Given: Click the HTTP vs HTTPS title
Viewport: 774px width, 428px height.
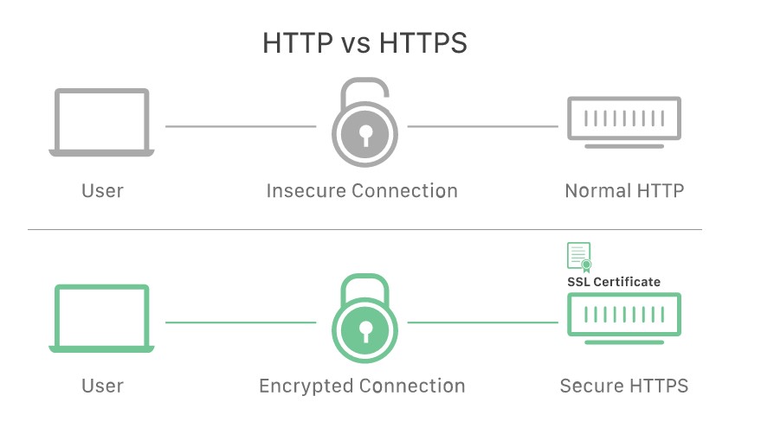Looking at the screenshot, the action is [x=364, y=43].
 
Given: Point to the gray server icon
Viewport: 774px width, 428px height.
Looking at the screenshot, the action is [x=624, y=137].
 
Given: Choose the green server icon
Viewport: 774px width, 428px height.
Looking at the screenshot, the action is [x=624, y=333].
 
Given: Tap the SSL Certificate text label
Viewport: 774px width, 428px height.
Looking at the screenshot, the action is [x=614, y=282].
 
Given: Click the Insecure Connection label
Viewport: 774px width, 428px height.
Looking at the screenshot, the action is [x=362, y=191].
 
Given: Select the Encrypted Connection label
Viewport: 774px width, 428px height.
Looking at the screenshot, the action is [x=362, y=386].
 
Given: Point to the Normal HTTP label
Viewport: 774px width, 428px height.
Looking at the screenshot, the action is [x=624, y=191].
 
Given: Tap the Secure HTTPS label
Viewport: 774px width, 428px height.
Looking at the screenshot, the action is [x=624, y=386].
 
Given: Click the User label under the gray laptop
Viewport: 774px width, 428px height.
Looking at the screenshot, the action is [x=102, y=191].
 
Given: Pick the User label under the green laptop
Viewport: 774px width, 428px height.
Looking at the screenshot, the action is [x=102, y=386].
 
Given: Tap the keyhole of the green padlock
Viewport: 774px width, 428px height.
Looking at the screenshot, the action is [x=365, y=331].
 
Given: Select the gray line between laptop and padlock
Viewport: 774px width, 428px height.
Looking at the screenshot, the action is [x=241, y=126].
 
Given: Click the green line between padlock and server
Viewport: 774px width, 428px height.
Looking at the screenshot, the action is [x=483, y=323].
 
